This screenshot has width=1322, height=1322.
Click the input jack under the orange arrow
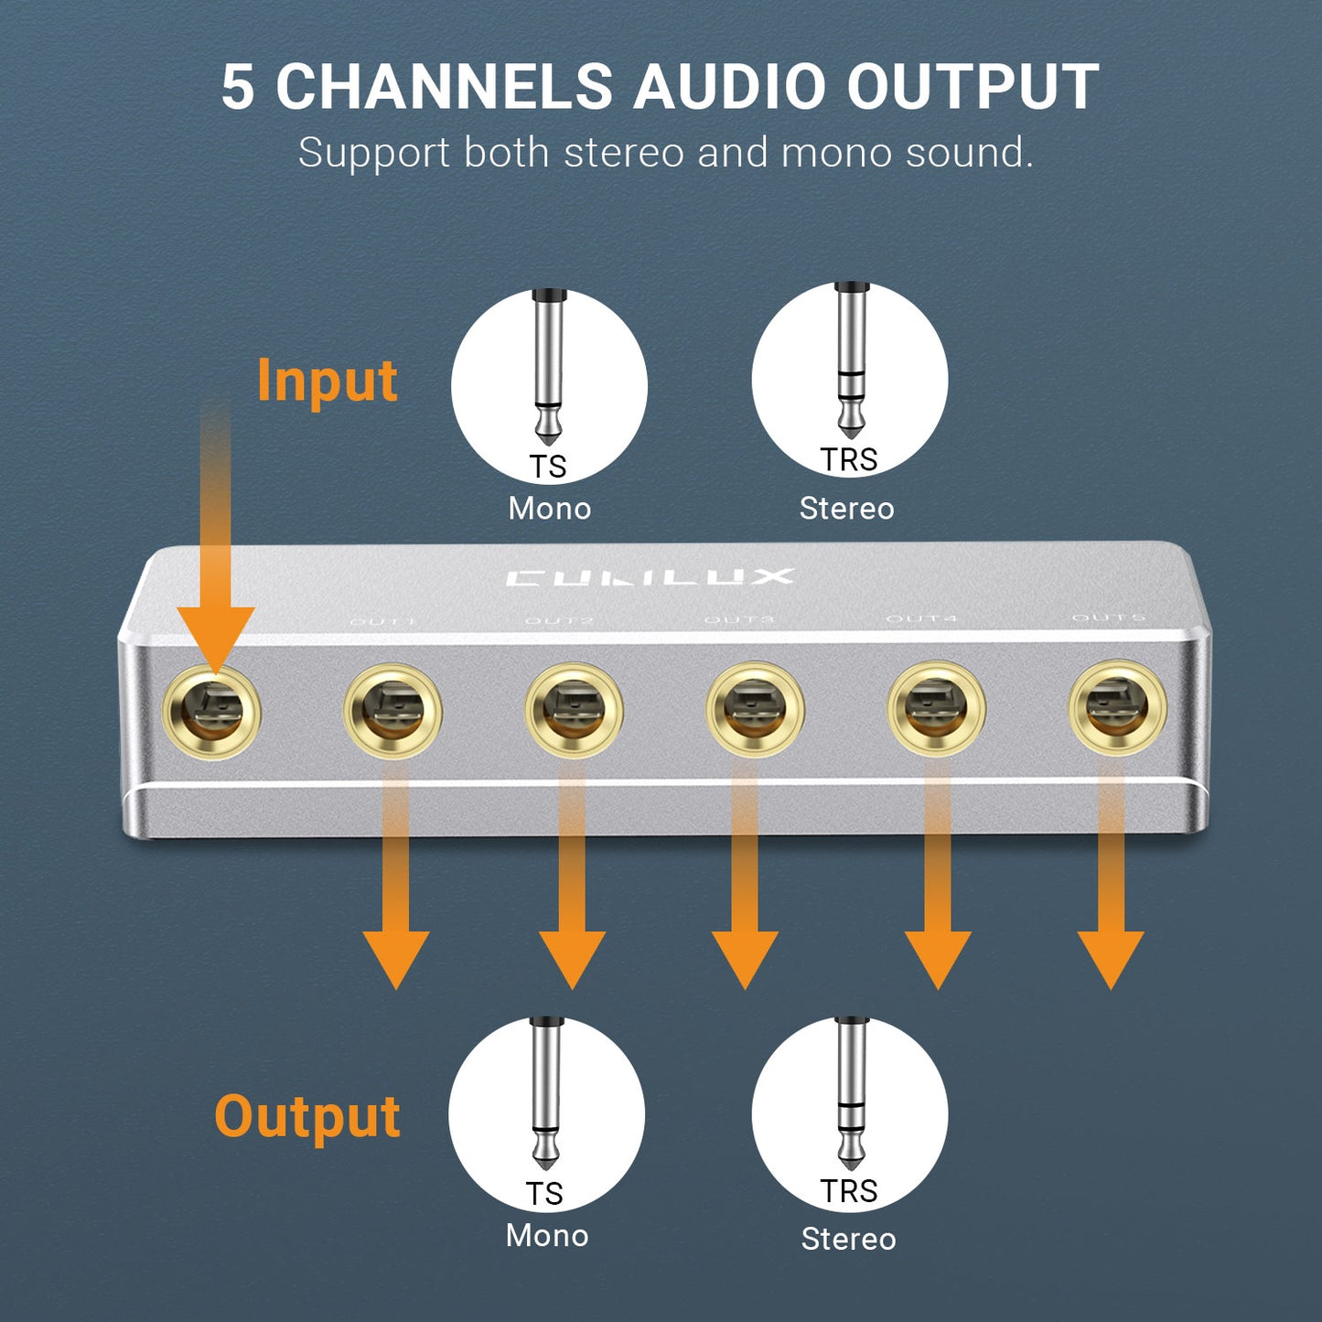(x=211, y=713)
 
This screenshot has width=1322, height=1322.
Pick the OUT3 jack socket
(x=756, y=710)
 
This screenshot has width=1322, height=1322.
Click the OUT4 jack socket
(x=936, y=709)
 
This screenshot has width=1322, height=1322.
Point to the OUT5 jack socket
(x=1117, y=708)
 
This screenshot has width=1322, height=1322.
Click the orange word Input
(x=327, y=381)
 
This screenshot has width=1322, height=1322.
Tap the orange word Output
(x=307, y=1117)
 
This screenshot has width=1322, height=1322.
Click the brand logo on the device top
(x=650, y=577)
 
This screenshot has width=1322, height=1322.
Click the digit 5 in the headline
(x=237, y=88)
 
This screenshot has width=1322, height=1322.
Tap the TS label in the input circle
(x=548, y=467)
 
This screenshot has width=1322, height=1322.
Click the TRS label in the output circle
(x=849, y=1191)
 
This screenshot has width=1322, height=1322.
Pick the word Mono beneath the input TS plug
(x=550, y=509)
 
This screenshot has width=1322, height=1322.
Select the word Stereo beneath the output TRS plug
(x=849, y=1239)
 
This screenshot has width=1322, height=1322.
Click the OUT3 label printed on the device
(x=739, y=620)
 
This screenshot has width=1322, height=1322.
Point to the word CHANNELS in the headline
(x=444, y=88)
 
